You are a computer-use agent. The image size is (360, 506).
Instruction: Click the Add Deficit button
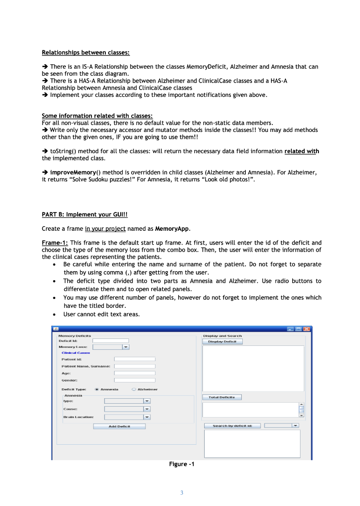(119, 426)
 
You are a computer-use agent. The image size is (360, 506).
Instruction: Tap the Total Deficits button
(222, 397)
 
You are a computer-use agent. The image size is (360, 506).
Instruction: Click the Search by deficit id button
(232, 425)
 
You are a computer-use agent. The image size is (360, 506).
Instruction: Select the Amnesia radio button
(96, 389)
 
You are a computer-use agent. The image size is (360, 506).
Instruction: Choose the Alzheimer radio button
(134, 389)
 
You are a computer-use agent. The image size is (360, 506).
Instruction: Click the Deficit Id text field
(110, 340)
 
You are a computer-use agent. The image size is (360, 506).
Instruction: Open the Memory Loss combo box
(111, 347)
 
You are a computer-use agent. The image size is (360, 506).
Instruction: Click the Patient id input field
(135, 359)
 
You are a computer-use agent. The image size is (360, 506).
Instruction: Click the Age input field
(135, 373)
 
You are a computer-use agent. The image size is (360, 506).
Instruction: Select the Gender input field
(135, 380)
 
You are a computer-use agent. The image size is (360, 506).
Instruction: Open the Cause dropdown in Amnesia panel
(128, 409)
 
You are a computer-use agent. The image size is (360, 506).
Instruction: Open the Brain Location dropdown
(128, 417)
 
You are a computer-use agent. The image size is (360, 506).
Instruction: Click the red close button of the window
(307, 329)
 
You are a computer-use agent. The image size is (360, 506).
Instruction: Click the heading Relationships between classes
(86, 52)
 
